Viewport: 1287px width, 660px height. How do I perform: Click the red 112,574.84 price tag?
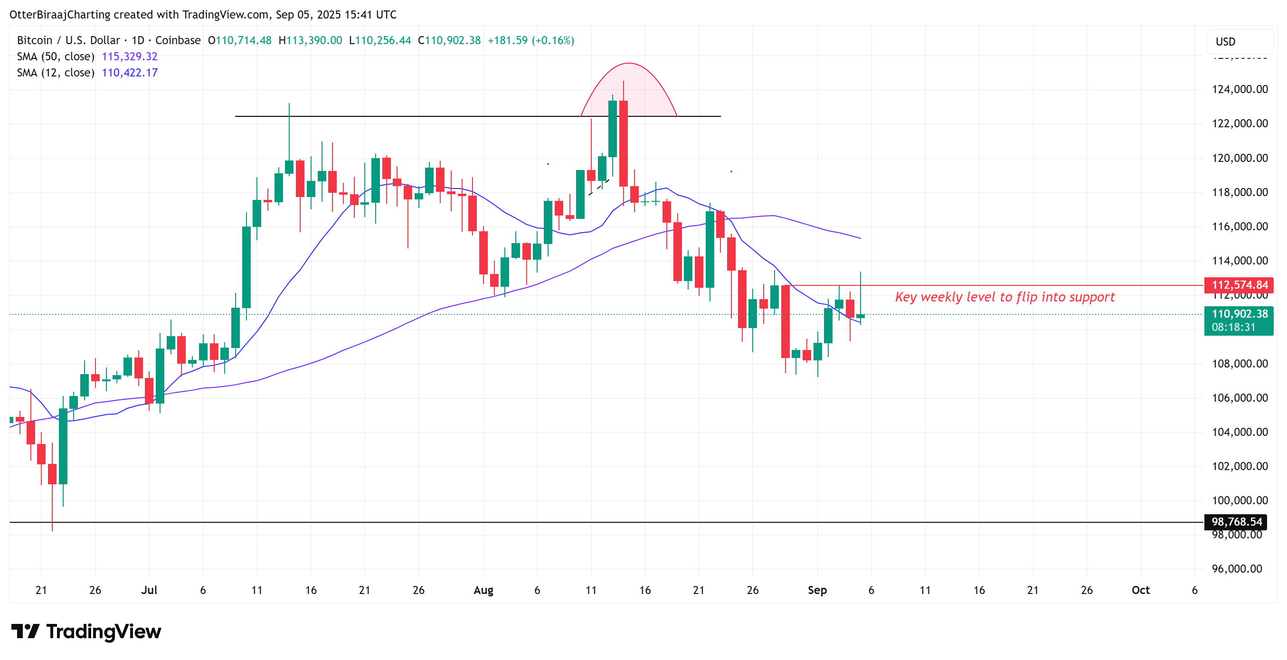pos(1239,285)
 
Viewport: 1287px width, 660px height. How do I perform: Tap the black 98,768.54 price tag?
pos(1236,522)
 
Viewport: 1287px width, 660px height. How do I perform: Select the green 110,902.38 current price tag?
pos(1239,314)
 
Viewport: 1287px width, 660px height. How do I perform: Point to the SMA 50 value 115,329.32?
pos(129,57)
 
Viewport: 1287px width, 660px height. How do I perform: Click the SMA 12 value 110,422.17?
pos(129,73)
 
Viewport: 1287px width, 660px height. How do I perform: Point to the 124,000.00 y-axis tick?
pos(1240,89)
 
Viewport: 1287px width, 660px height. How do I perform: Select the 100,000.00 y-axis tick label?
pos(1240,500)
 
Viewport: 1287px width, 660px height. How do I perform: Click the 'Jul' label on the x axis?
pos(149,590)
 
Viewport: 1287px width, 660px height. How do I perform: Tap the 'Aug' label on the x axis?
pos(483,590)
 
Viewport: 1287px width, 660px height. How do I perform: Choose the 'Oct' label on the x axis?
pos(1140,590)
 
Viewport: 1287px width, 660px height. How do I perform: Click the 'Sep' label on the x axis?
pos(817,590)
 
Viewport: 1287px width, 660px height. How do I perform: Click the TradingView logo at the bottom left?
pos(86,632)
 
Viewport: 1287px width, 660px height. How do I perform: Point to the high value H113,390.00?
pos(310,40)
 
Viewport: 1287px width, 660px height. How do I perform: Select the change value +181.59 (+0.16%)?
pos(530,40)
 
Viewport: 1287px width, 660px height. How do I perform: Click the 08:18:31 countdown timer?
pos(1233,327)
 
